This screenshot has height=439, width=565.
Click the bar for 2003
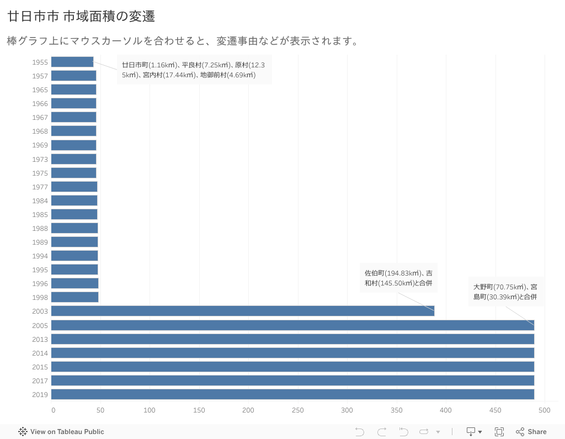243,311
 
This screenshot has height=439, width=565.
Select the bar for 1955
72,62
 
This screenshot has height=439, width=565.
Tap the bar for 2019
292,394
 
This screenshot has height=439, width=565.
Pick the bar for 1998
74,297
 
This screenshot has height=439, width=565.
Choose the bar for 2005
292,325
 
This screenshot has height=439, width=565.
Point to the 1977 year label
40,187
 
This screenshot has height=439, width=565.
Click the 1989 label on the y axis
40,242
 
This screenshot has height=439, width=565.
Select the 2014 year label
40,353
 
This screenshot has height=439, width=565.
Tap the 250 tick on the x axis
297,410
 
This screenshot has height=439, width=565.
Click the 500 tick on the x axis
545,410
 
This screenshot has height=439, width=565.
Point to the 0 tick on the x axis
53,410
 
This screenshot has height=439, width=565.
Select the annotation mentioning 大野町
505,292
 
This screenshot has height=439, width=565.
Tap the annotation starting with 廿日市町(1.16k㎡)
194,70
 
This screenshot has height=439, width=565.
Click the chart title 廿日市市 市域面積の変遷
81,17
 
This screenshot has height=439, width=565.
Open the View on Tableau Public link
61,432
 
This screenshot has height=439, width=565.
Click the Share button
531,432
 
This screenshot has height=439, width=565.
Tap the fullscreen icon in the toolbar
499,432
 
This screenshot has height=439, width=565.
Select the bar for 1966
73,103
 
